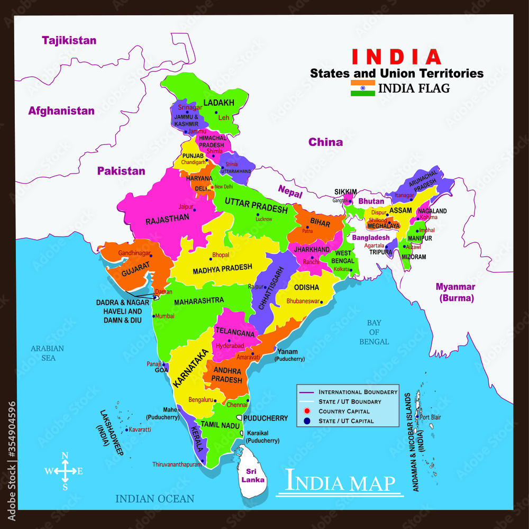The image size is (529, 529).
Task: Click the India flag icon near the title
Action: [362, 88]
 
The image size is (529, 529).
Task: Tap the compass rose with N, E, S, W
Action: [64, 471]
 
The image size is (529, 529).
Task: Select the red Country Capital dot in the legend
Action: [307, 412]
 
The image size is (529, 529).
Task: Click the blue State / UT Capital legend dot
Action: [307, 421]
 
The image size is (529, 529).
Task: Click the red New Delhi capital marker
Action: [212, 187]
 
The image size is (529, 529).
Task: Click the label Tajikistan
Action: [69, 40]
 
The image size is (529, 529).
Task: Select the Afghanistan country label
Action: [61, 111]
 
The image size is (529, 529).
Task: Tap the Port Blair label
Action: [431, 417]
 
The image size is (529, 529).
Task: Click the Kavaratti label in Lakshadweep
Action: [140, 430]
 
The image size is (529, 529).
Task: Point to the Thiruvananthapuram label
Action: [177, 464]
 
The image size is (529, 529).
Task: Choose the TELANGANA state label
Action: [235, 332]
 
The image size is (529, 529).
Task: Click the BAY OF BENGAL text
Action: [375, 332]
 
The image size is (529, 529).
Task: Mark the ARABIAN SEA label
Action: [47, 353]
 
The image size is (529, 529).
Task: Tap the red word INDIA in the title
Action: [397, 56]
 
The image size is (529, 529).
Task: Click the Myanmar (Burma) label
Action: [455, 293]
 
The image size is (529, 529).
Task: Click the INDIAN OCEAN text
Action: [155, 498]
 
